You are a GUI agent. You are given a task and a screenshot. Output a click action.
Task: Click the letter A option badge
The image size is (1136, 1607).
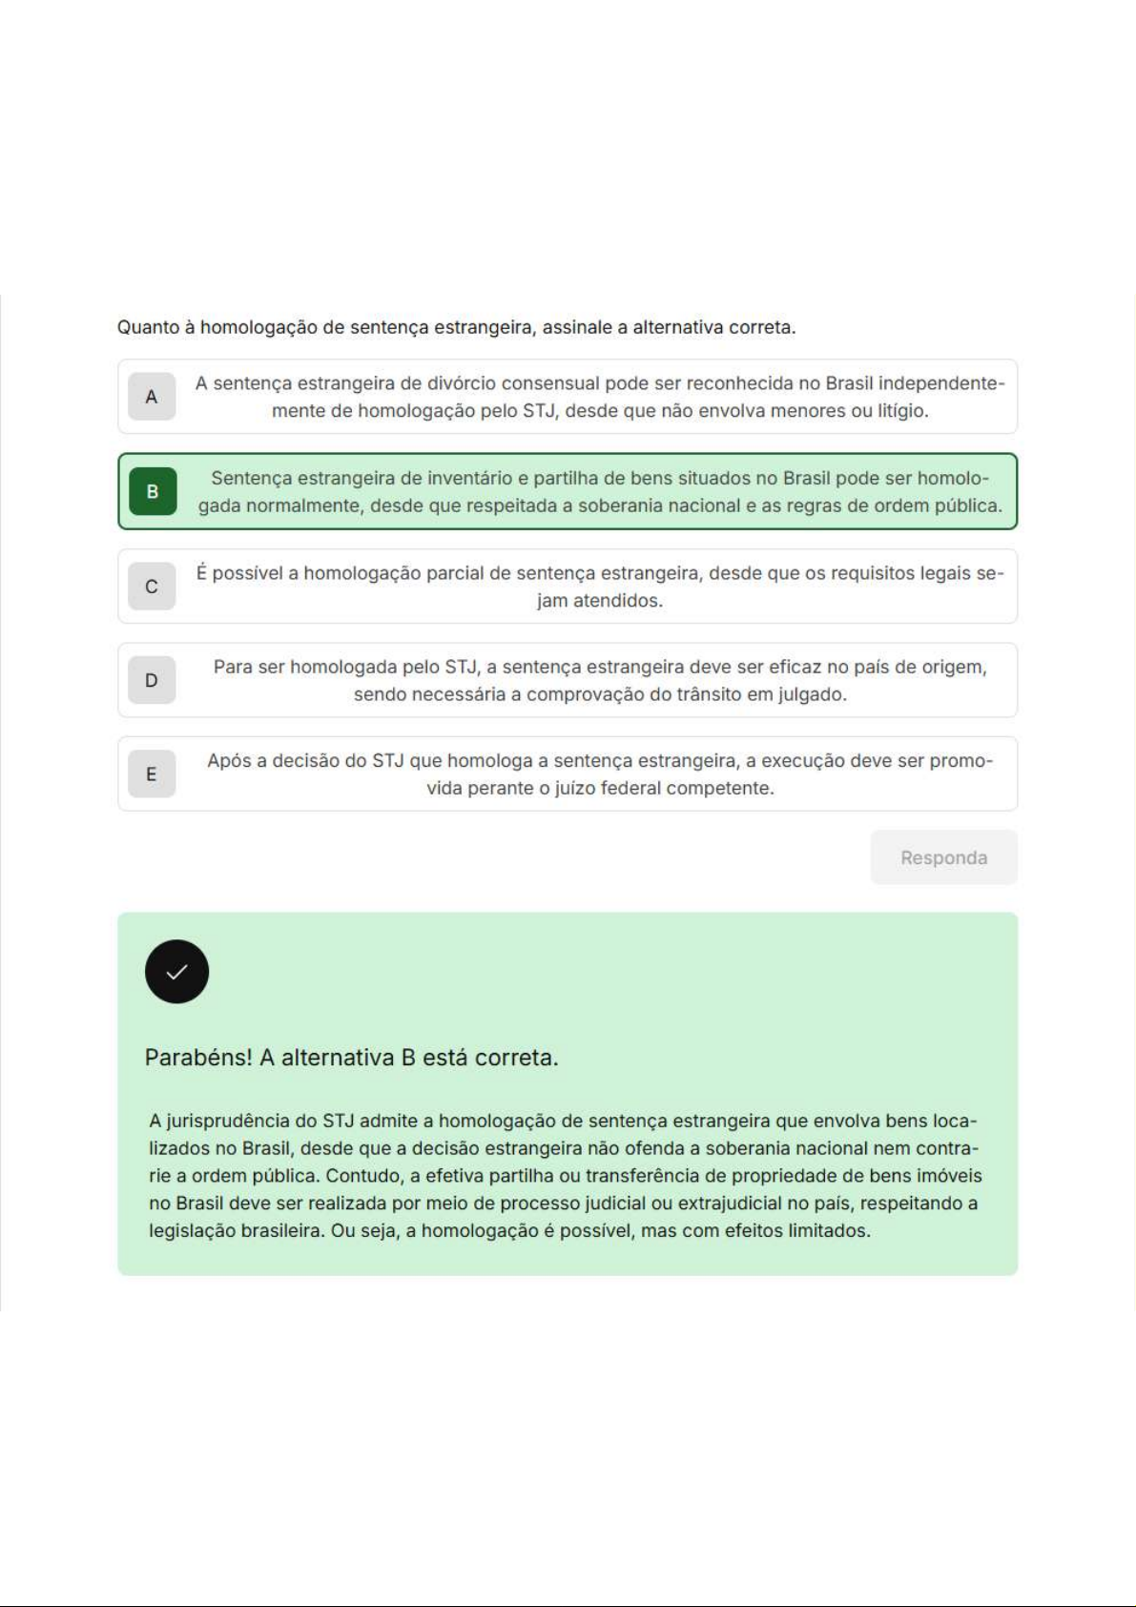[x=152, y=397]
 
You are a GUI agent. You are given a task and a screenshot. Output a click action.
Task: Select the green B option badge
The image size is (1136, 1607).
[x=153, y=492]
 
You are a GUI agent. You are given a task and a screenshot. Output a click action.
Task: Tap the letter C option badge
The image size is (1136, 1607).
[x=152, y=587]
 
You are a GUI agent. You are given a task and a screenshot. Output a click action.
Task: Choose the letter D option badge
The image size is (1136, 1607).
[x=152, y=680]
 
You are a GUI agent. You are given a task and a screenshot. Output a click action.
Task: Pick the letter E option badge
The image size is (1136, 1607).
[x=152, y=774]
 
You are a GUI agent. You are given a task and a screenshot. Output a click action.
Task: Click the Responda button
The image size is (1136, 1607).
[x=943, y=857]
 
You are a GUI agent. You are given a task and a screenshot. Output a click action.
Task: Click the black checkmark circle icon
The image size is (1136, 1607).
[x=176, y=972]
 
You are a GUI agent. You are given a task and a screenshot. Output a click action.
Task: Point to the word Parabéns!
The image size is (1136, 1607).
[x=197, y=1058]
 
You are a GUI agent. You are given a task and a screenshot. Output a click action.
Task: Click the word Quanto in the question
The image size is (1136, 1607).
[x=148, y=327]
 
